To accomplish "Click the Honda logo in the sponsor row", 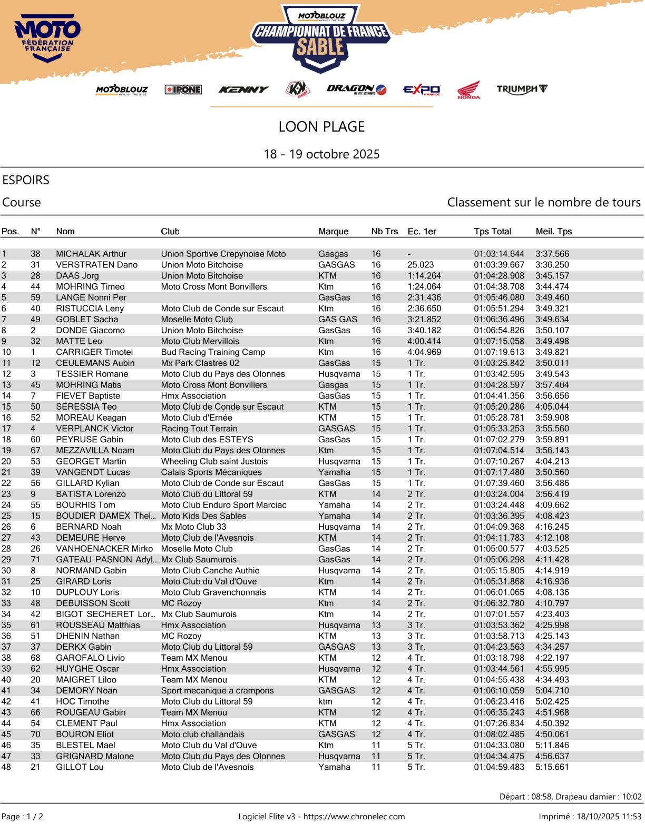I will [x=468, y=90].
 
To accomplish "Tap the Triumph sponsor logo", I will [x=522, y=89].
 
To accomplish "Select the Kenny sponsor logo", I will [x=243, y=90].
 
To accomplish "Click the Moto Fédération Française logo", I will [x=47, y=39].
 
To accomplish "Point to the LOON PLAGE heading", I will [x=321, y=126].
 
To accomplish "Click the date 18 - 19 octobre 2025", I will [x=321, y=154].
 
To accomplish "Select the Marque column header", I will [x=333, y=231].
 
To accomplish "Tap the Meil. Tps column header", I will [x=553, y=231].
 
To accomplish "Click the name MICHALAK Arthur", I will [x=91, y=254].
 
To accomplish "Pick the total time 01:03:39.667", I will [x=499, y=265].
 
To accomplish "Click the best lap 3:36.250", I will [x=552, y=265].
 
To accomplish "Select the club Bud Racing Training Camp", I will [x=213, y=352].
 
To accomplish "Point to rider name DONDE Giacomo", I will [x=90, y=330].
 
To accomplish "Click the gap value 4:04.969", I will [x=424, y=352].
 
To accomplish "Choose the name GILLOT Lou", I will [x=80, y=767].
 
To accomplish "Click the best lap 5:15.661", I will [x=552, y=767].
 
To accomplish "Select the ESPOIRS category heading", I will [x=26, y=180].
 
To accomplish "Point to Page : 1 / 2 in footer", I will [x=23, y=817].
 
